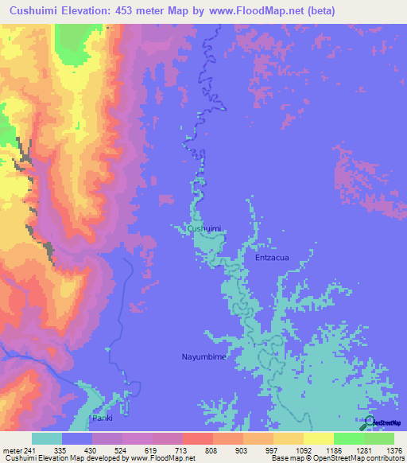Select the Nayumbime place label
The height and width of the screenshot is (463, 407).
(x=203, y=358)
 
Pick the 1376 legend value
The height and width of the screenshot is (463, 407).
(x=393, y=450)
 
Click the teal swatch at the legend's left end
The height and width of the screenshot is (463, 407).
(x=46, y=438)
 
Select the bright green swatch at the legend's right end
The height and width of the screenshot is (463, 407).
(x=378, y=438)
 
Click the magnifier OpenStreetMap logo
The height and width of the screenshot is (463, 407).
(x=368, y=422)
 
